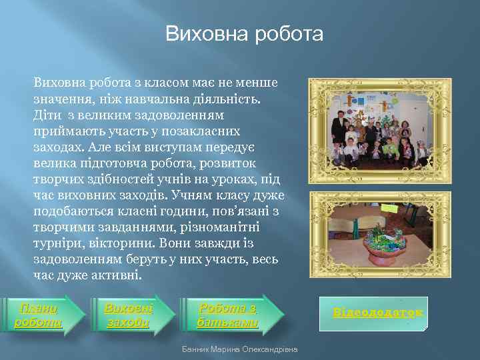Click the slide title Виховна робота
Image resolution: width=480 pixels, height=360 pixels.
[244, 34]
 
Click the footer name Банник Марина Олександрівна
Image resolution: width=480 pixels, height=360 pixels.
[240, 349]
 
